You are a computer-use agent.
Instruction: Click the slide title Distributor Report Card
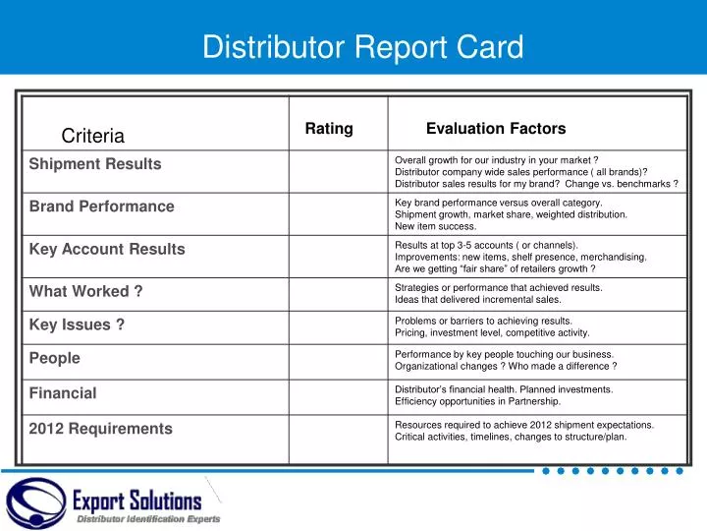tap(362, 47)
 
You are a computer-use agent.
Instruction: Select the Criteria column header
tap(92, 136)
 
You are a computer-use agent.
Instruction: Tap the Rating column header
tap(329, 129)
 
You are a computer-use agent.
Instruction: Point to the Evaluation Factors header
tap(496, 129)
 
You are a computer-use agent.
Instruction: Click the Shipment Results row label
tap(95, 164)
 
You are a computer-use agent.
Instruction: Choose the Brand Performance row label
tap(101, 206)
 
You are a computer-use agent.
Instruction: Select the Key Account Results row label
tap(107, 250)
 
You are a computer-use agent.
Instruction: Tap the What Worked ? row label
tap(86, 291)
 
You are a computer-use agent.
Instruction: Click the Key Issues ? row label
tap(77, 325)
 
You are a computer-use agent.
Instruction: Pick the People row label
tap(55, 359)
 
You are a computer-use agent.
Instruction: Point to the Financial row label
tap(63, 394)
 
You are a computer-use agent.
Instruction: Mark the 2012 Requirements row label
tap(100, 429)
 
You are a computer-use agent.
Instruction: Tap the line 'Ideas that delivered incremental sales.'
tap(478, 300)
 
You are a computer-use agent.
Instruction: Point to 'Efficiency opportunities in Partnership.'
tap(477, 402)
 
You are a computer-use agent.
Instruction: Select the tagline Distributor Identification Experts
tap(149, 519)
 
